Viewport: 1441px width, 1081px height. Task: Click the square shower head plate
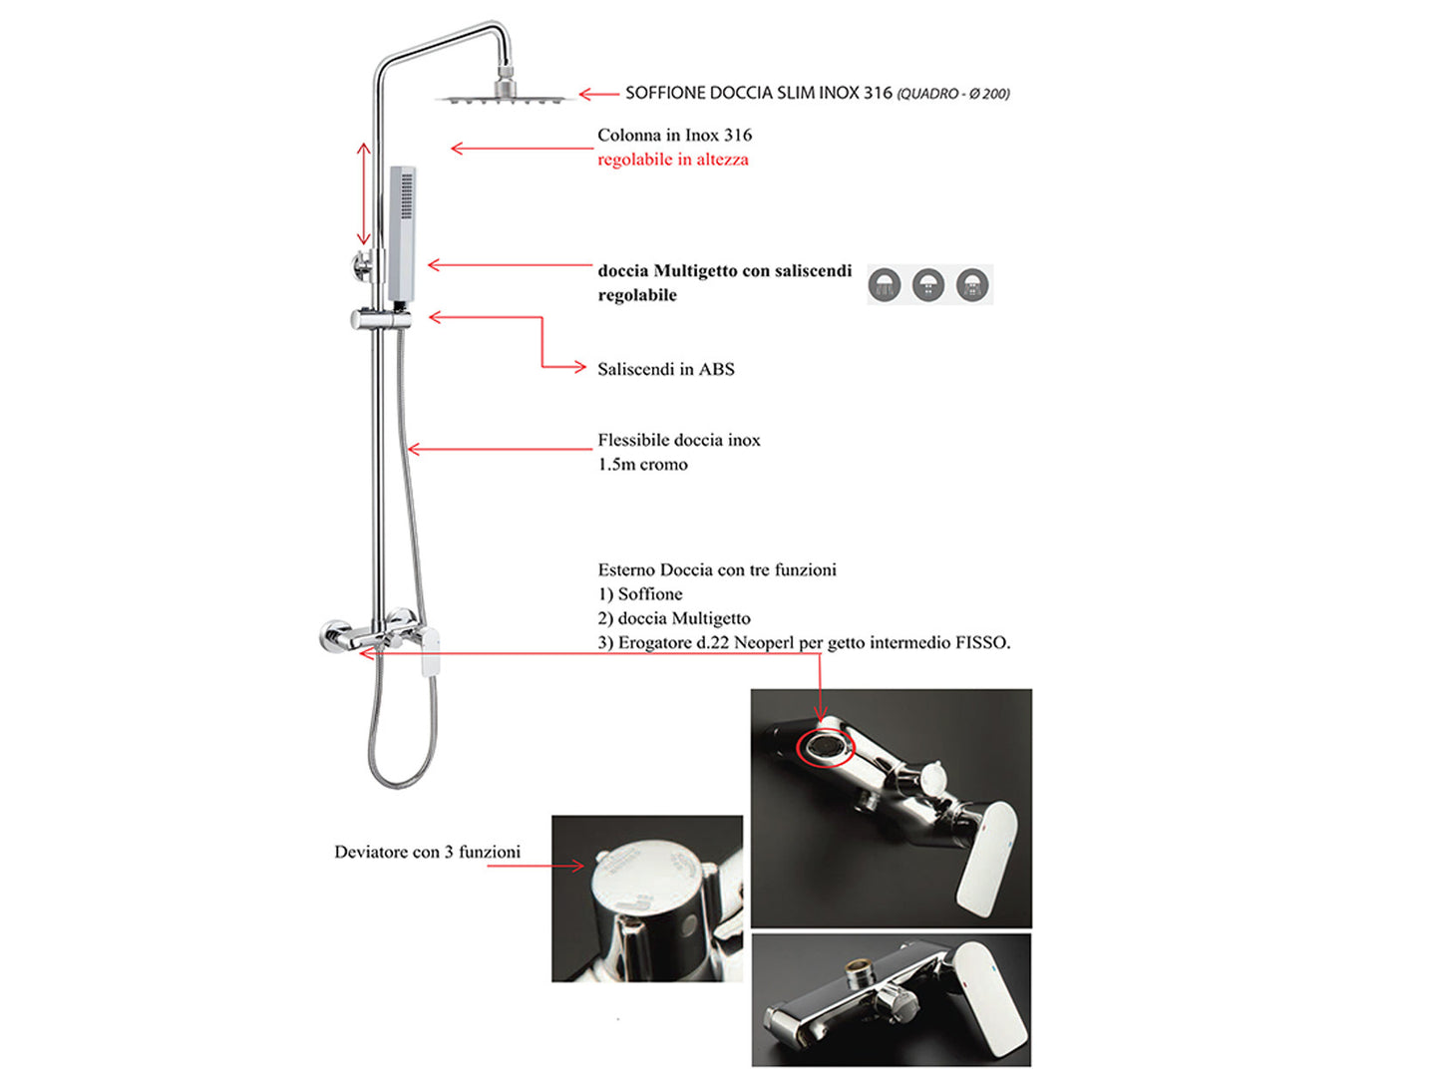click(504, 98)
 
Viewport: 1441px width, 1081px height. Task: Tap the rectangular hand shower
click(402, 234)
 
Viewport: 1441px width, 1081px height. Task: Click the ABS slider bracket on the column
click(380, 319)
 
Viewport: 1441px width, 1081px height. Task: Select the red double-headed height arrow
click(364, 193)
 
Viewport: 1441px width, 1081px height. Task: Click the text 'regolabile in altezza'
click(673, 160)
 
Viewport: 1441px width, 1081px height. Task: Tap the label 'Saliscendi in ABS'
click(666, 369)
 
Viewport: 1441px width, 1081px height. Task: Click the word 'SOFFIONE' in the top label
click(665, 93)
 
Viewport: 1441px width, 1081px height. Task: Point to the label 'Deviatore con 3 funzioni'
click(427, 852)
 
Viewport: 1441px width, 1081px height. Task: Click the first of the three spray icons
click(885, 285)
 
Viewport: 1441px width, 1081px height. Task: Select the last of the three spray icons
click(972, 285)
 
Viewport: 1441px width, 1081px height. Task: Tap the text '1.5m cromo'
click(643, 465)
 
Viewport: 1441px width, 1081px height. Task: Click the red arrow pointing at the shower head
click(598, 94)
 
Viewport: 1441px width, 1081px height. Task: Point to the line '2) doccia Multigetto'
click(674, 618)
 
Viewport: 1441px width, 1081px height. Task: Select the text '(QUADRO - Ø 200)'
click(953, 94)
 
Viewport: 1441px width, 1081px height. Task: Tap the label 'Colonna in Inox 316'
click(674, 135)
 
